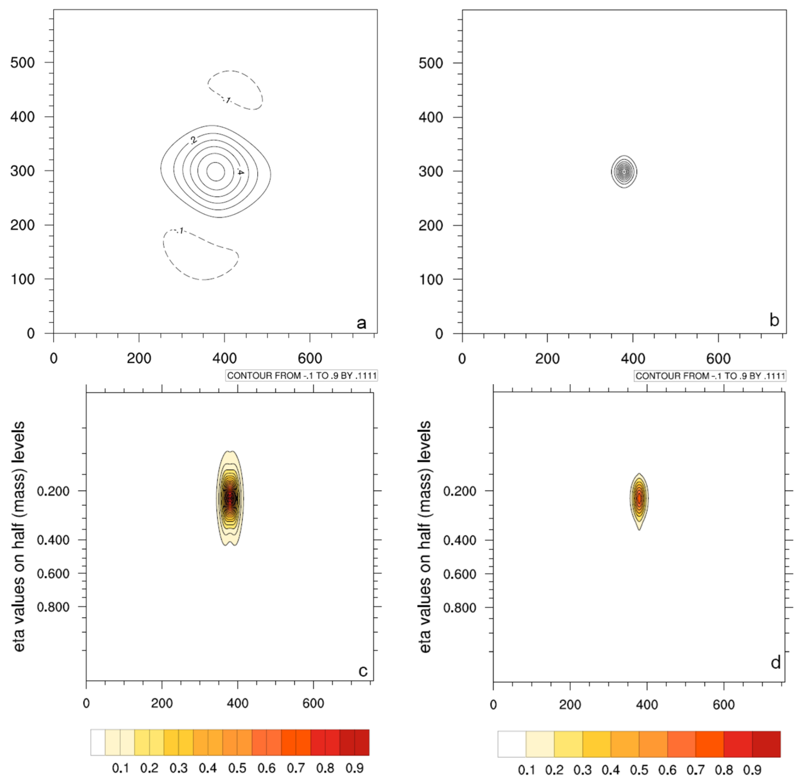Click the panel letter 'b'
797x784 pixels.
[x=774, y=320]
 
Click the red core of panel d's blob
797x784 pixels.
[x=639, y=499]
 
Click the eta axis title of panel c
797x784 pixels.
[x=19, y=536]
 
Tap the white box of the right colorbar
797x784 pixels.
[x=512, y=744]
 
